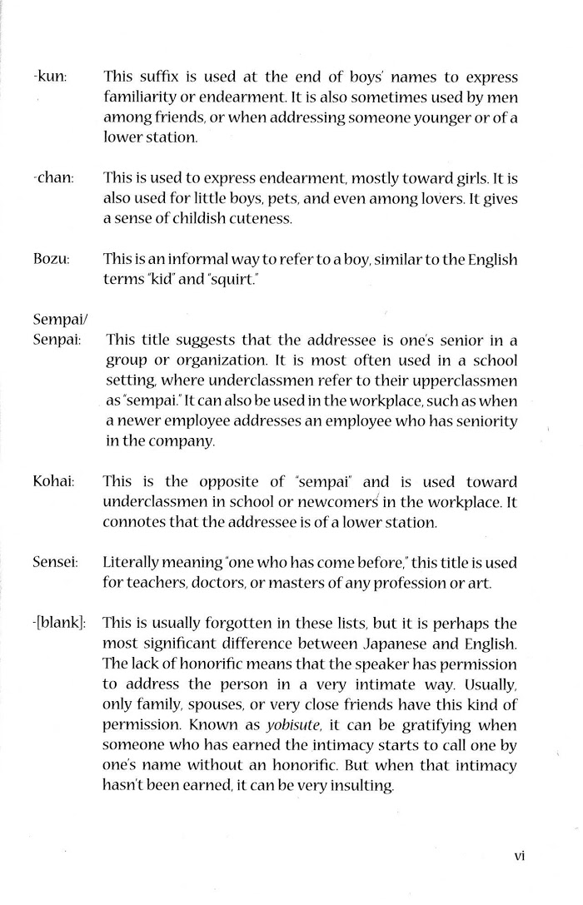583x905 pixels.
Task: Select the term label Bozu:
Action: click(x=52, y=259)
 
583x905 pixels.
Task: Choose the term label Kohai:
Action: click(x=53, y=481)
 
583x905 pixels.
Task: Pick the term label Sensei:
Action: click(x=56, y=563)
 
